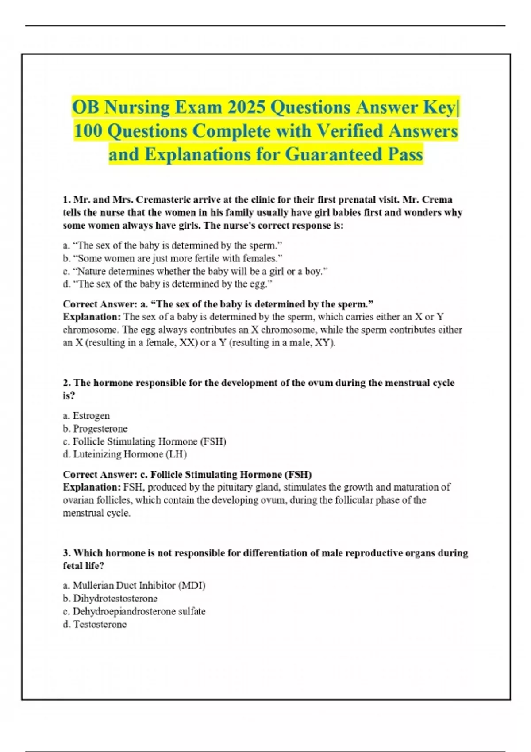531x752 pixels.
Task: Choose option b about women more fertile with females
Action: click(x=173, y=258)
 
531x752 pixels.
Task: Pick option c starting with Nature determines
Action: click(x=195, y=271)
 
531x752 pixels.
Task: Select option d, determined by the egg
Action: click(x=168, y=284)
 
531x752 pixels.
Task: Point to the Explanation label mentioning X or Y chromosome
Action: click(x=92, y=317)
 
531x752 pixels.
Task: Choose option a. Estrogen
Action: click(x=86, y=416)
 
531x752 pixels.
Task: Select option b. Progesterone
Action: click(x=95, y=429)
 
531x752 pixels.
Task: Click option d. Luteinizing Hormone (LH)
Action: click(x=125, y=454)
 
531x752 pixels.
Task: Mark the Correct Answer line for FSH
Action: click(x=187, y=475)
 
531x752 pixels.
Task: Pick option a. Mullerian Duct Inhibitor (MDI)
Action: click(x=134, y=586)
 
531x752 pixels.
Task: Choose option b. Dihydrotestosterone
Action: click(x=110, y=599)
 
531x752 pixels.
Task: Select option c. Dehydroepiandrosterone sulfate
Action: click(x=134, y=611)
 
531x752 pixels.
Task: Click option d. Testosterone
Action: click(x=95, y=625)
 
